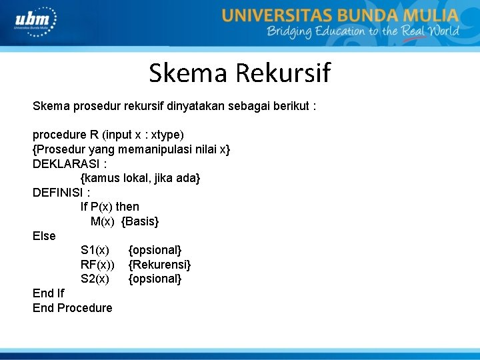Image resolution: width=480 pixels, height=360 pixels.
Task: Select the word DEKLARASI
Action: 65,164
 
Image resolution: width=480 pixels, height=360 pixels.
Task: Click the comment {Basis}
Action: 140,221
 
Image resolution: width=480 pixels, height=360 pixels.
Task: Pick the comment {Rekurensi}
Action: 159,265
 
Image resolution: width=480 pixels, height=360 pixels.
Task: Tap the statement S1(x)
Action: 95,250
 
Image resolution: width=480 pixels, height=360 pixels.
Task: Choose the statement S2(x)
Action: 95,279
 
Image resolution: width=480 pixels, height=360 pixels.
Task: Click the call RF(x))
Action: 97,265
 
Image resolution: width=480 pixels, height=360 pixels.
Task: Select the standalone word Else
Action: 44,236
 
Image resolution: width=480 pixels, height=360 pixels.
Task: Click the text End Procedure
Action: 73,308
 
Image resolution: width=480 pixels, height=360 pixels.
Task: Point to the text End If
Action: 49,293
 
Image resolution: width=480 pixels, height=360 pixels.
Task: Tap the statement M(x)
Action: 103,221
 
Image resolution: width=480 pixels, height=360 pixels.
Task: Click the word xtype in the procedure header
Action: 165,135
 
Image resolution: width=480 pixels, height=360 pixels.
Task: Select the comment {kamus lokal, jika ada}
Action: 140,178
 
